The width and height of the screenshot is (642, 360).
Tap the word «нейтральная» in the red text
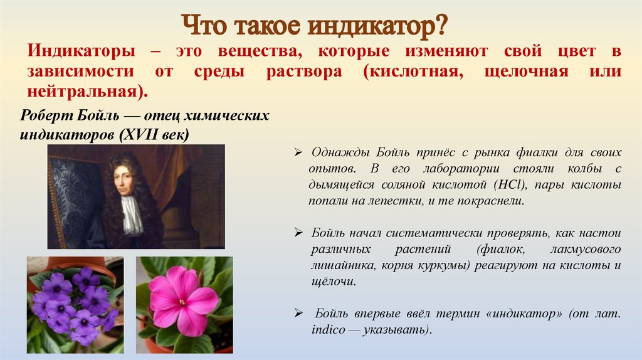point(85,90)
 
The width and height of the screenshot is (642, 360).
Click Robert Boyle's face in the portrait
point(124,180)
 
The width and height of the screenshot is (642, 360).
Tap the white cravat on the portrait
point(132,214)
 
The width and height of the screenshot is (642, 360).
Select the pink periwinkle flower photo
point(184,305)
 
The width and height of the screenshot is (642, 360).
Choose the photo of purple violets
point(75,305)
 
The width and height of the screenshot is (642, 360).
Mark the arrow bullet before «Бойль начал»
point(299,233)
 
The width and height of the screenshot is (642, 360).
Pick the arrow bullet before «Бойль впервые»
point(299,314)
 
